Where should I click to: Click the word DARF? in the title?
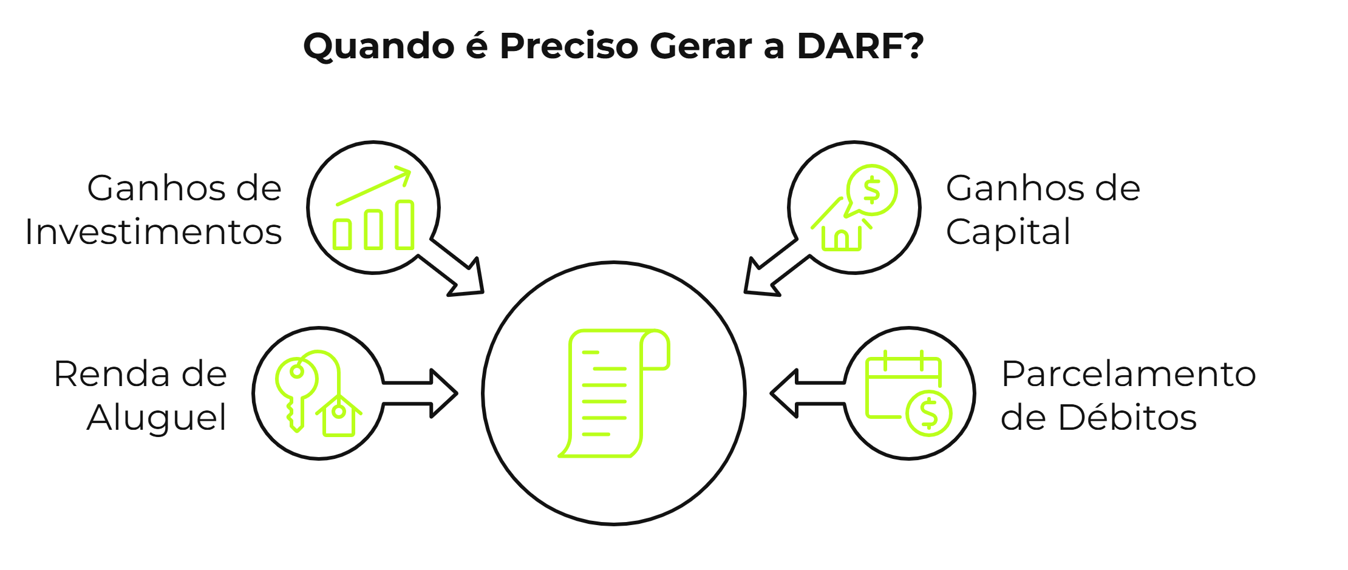coord(860,46)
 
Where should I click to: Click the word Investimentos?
coord(153,232)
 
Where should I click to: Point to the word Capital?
coord(1008,232)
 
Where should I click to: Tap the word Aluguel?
coord(157,418)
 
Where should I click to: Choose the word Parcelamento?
coord(1128,373)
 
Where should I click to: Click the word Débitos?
coord(1127,418)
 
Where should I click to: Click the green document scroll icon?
coord(613,393)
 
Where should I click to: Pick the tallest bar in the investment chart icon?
coord(404,225)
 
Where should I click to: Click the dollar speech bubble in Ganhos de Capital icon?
coord(871,190)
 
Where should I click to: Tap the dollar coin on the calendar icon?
coord(928,413)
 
